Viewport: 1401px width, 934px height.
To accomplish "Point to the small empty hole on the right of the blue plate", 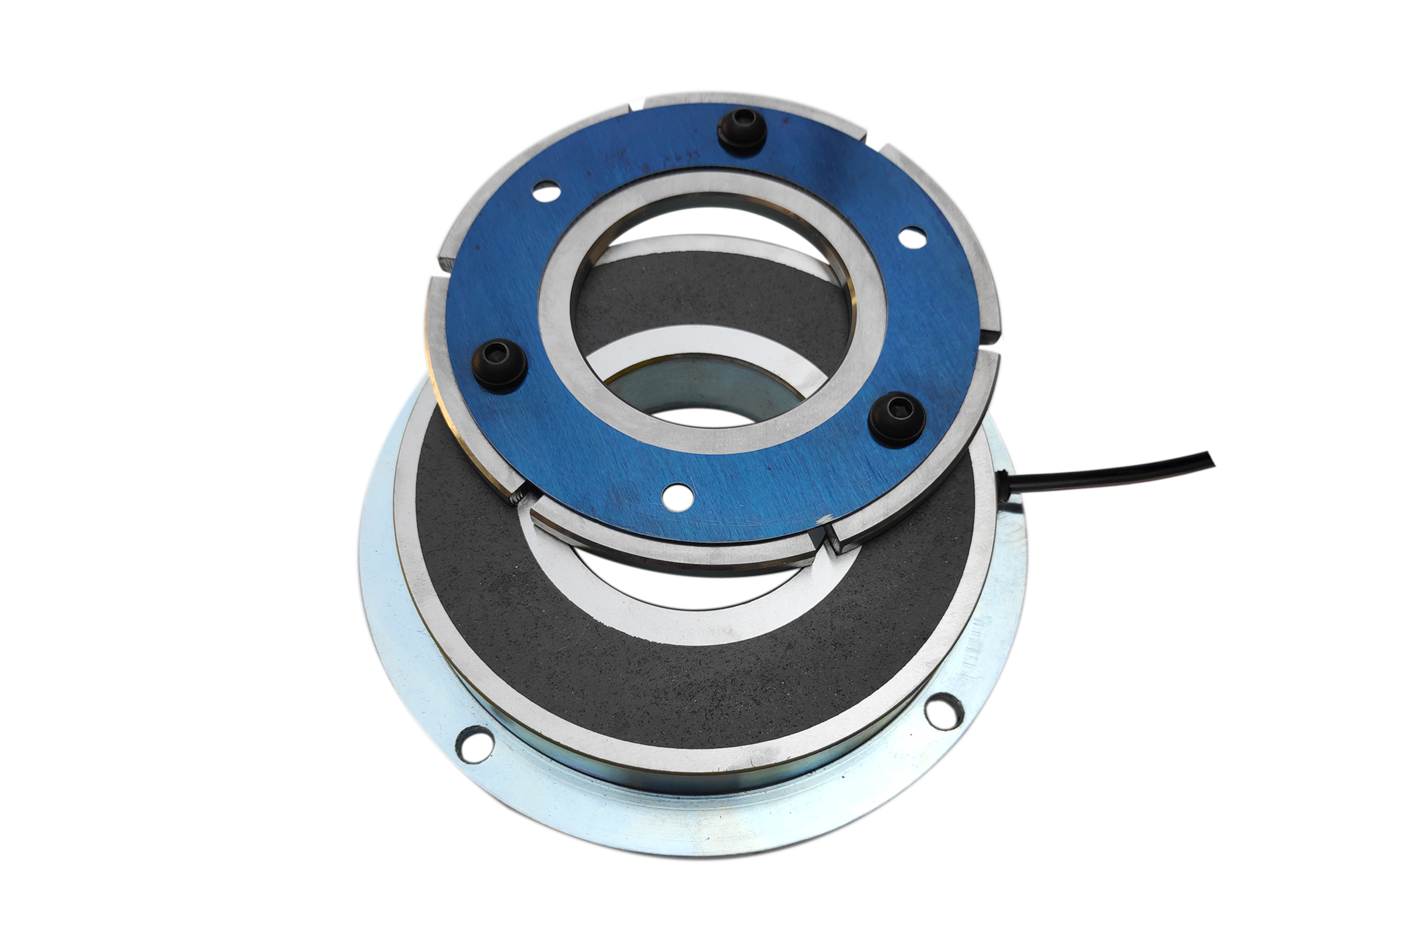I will pos(912,237).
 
